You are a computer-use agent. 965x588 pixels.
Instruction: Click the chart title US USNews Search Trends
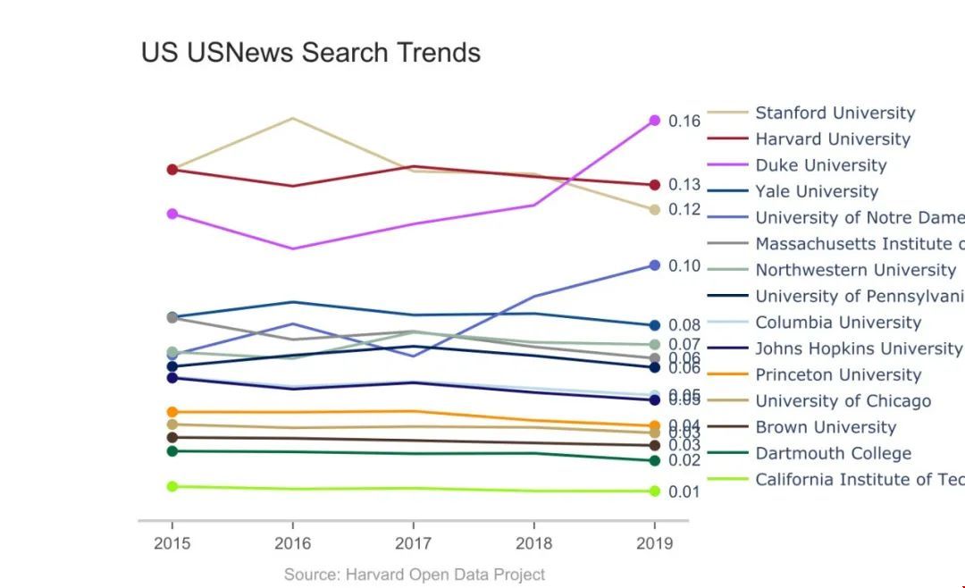(311, 53)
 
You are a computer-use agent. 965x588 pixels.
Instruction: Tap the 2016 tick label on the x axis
(292, 543)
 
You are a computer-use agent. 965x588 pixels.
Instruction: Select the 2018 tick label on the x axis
(533, 543)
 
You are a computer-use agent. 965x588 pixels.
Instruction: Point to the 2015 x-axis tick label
(172, 543)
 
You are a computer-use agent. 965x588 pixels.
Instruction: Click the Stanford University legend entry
(835, 113)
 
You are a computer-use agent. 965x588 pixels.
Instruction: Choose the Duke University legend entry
(820, 165)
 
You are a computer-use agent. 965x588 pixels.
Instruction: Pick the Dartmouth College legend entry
(833, 453)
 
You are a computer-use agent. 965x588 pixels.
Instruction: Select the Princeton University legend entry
(838, 374)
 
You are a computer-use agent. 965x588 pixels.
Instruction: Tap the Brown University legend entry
(825, 427)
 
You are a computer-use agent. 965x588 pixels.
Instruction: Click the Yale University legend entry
(817, 191)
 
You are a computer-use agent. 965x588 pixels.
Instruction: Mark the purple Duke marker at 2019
(654, 121)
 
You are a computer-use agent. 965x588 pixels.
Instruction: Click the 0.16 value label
(684, 121)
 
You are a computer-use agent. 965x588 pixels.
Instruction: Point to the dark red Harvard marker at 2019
(654, 185)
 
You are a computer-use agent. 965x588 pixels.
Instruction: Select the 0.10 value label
(684, 265)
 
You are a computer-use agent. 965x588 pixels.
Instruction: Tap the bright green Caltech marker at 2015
(172, 486)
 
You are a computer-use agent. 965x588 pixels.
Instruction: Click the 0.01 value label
(684, 491)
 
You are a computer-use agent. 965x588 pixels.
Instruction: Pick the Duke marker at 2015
(172, 214)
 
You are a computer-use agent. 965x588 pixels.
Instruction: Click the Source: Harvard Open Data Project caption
(414, 575)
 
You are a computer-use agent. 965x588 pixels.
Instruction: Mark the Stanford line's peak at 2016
(292, 118)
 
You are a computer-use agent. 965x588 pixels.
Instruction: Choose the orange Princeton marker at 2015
(172, 412)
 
